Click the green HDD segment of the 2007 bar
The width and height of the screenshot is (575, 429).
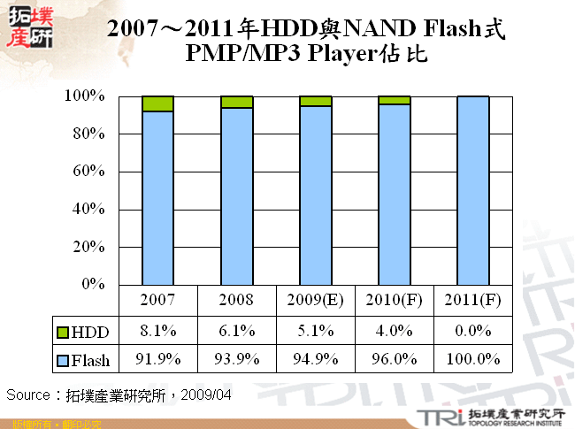coord(157,103)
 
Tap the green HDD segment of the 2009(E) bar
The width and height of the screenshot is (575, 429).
coord(316,101)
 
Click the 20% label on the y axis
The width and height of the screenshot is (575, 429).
coord(88,247)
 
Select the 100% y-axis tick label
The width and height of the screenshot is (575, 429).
coord(85,96)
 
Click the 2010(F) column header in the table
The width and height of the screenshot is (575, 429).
coord(394,300)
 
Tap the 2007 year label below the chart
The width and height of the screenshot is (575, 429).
coord(157,300)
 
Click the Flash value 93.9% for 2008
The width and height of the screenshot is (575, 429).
coord(237,359)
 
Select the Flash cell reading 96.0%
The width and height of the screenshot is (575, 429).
coord(394,359)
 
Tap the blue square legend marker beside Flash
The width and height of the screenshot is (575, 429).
coord(61,360)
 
